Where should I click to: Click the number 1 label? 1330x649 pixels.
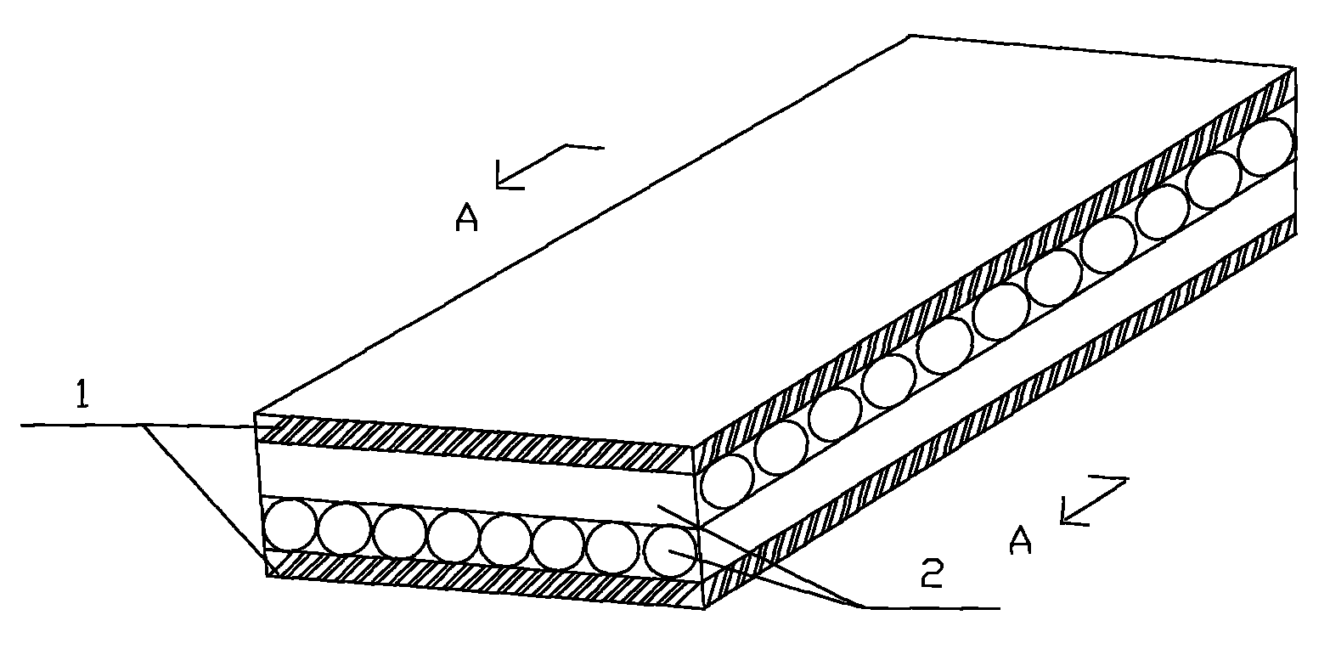point(83,396)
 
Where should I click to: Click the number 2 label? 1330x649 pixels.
point(932,573)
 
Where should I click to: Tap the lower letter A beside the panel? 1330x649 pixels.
point(1020,539)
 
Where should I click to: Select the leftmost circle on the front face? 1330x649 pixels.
point(290,526)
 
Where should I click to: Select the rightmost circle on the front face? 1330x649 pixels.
point(670,551)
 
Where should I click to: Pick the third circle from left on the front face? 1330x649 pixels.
point(399,532)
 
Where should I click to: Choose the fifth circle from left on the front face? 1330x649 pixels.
point(506,540)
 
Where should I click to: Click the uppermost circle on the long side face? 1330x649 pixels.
point(1265,147)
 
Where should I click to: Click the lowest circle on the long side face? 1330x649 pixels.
point(727,481)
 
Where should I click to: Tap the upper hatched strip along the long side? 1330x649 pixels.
point(995,257)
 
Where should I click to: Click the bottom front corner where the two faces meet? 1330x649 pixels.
point(705,608)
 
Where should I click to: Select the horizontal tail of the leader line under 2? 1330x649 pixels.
point(933,607)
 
